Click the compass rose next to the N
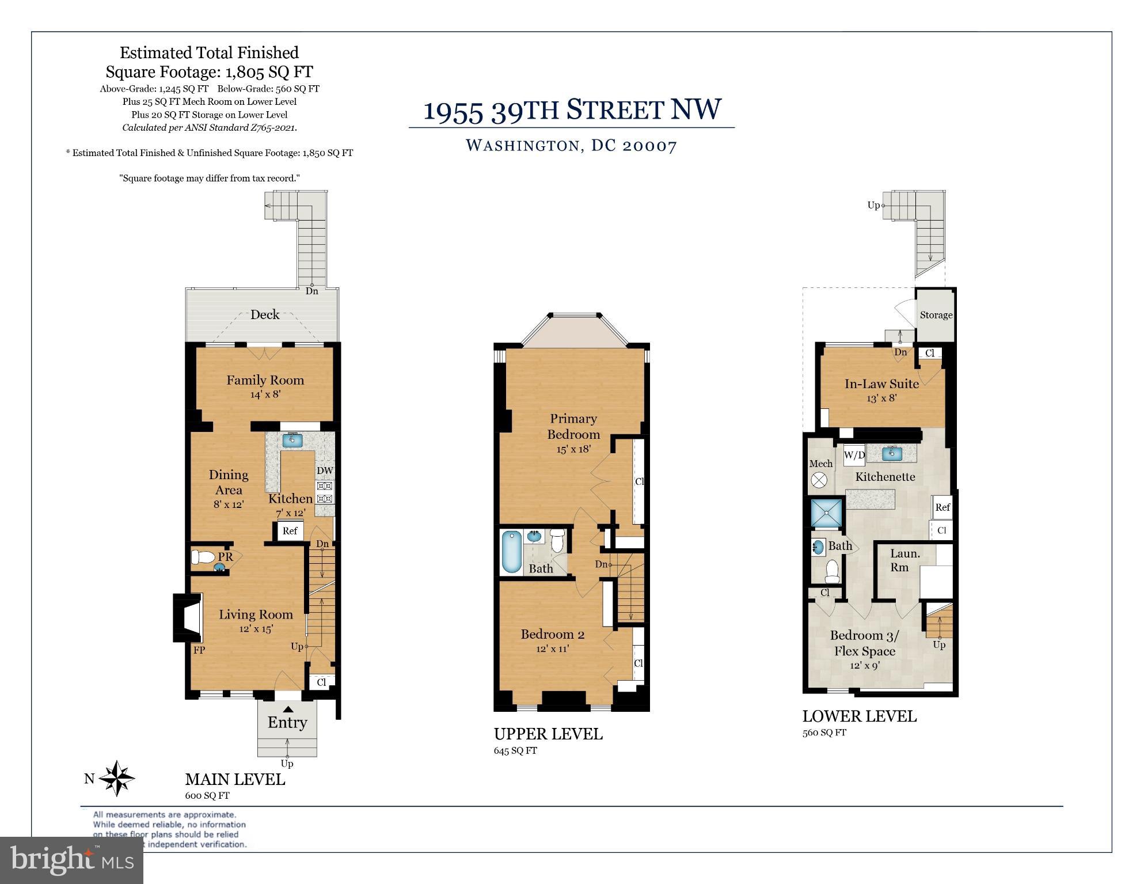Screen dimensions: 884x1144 pos(117,779)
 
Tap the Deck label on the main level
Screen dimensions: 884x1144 pos(265,314)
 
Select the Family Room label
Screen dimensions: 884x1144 pos(265,380)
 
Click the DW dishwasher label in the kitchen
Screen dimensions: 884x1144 pos(325,471)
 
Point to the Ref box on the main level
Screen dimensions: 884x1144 pos(290,531)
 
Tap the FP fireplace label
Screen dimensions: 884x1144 pos(199,650)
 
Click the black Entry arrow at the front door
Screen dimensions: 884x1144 pos(287,710)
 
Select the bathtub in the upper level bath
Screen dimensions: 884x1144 pos(511,552)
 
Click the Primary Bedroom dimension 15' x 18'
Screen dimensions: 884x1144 pos(573,449)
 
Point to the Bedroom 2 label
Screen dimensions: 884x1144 pos(552,634)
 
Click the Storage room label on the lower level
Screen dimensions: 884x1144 pos(936,315)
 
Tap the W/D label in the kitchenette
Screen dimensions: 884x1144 pos(854,455)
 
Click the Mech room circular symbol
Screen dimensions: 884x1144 pos(818,480)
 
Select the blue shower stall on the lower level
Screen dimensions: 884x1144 pos(826,513)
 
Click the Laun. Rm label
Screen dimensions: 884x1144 pos(904,560)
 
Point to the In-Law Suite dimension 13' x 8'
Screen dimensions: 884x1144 pos(881,398)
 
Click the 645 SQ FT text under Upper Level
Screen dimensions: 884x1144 pos(515,750)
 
